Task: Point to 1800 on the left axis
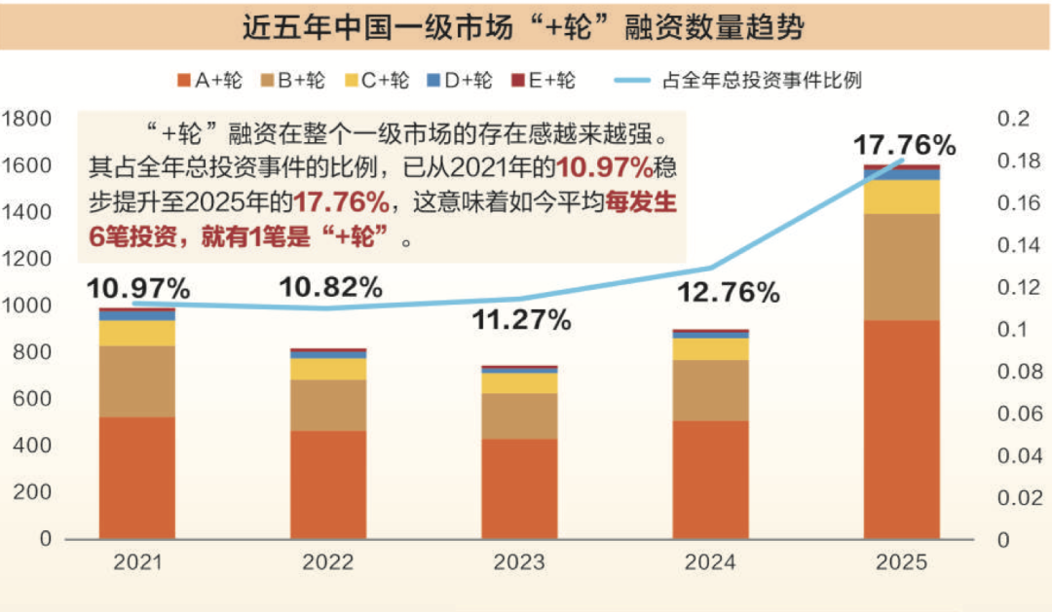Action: [26, 119]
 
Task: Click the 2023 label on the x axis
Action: [519, 562]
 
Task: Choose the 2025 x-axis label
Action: [902, 562]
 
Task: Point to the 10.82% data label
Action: [330, 287]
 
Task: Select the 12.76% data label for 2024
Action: [730, 291]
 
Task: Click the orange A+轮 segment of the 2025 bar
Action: [902, 428]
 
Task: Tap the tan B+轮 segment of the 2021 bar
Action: [137, 381]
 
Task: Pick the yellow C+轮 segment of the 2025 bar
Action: [902, 197]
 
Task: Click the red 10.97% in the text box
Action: [612, 166]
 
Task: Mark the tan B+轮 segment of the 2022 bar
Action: [328, 405]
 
